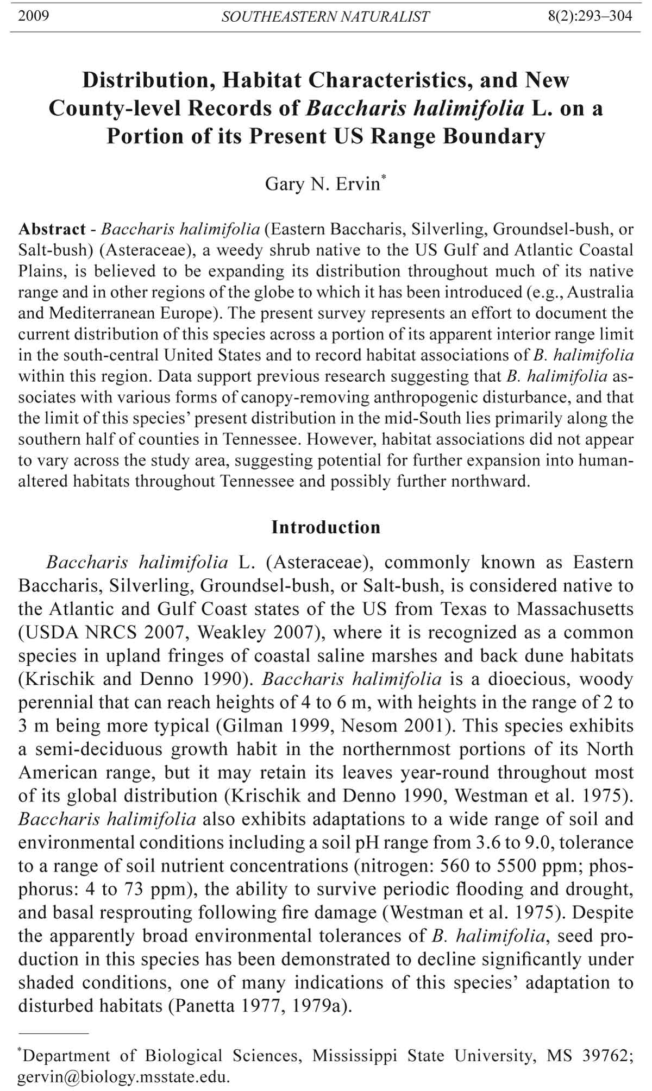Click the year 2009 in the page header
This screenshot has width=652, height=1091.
(33, 16)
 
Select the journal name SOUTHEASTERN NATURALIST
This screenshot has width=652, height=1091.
(325, 17)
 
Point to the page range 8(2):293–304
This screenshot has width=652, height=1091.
(590, 16)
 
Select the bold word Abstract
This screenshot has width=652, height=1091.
(52, 229)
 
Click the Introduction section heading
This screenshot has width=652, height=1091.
(326, 527)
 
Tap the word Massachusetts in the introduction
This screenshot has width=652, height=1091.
(575, 609)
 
